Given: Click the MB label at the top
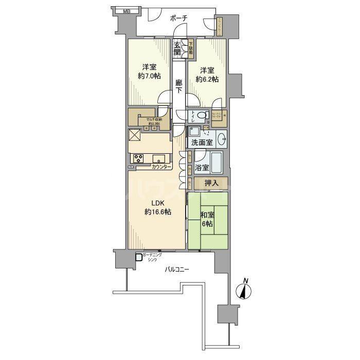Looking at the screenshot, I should pyautogui.click(x=127, y=10).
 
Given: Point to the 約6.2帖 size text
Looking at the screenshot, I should pyautogui.click(x=207, y=79).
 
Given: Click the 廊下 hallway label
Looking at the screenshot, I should pyautogui.click(x=178, y=86).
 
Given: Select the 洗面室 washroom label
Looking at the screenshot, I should pyautogui.click(x=202, y=143).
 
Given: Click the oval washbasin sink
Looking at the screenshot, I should pyautogui.click(x=222, y=139).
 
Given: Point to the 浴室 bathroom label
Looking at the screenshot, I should pyautogui.click(x=202, y=167).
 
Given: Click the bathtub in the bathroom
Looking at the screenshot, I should pyautogui.click(x=217, y=163).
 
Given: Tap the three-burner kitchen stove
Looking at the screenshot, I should pyautogui.click(x=138, y=158).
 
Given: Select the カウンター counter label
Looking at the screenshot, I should pyautogui.click(x=161, y=167).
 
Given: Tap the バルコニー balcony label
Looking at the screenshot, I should pyautogui.click(x=177, y=269).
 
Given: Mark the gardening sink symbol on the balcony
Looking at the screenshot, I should pyautogui.click(x=139, y=258).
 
